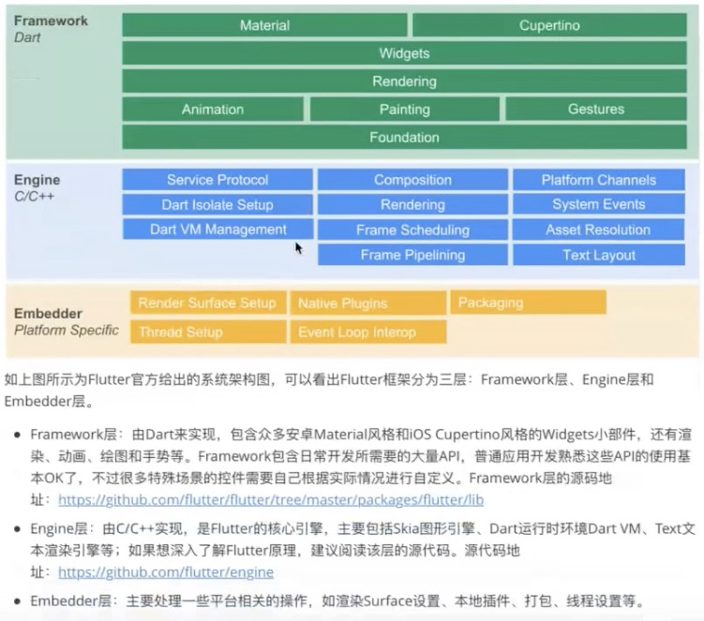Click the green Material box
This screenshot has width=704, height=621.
(264, 25)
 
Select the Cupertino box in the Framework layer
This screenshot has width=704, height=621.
(549, 25)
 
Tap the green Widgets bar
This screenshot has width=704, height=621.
(404, 53)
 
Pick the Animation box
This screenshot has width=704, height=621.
(213, 110)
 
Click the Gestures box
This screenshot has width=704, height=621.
(595, 110)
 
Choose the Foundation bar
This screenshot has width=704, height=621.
(404, 137)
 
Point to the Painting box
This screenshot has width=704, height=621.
(404, 110)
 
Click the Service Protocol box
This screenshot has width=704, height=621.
(217, 180)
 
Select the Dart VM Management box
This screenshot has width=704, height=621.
(217, 229)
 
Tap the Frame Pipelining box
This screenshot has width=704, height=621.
(412, 255)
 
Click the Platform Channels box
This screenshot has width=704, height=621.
(598, 180)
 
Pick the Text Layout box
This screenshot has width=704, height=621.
(598, 255)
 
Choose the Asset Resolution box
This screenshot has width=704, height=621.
(598, 229)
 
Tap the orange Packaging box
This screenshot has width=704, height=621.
(528, 303)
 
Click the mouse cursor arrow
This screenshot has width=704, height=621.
(298, 247)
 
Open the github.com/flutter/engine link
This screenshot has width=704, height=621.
(165, 571)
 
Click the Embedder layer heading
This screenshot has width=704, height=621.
(48, 314)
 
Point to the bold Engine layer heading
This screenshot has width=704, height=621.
(37, 180)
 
